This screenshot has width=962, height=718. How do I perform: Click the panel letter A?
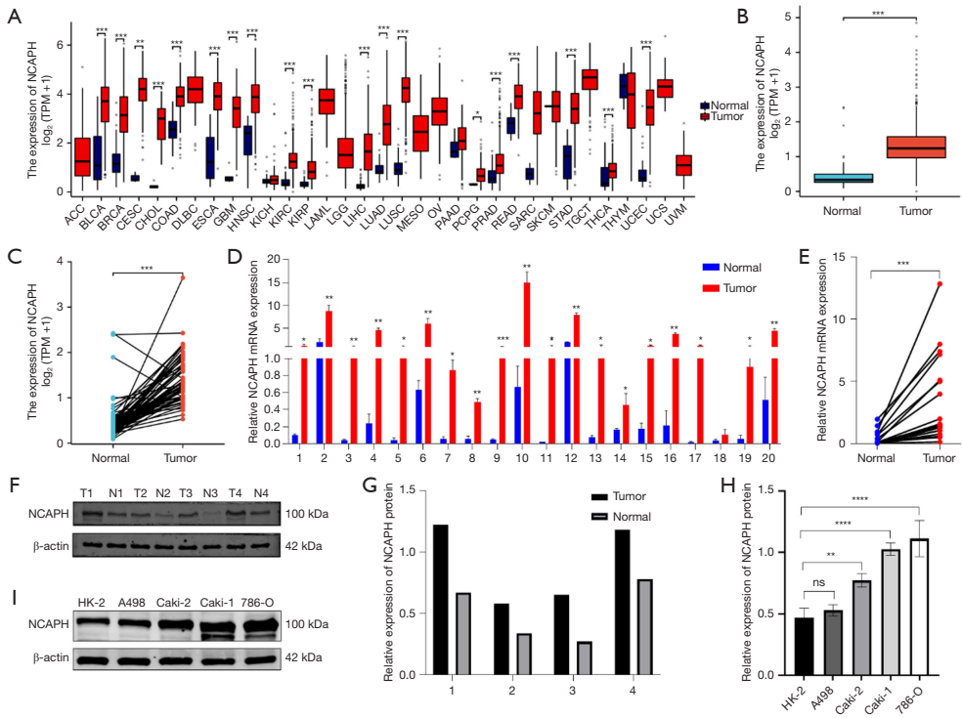pos(14,15)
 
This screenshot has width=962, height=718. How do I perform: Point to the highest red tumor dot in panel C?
pos(181,277)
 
